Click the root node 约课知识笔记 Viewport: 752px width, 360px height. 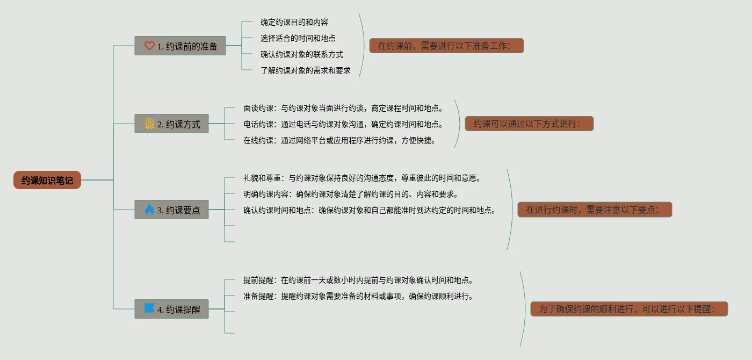tap(47, 181)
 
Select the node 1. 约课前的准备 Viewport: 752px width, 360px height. tap(180, 46)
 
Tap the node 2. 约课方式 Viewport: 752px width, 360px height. tap(171, 124)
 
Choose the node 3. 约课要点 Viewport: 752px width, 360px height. tap(171, 210)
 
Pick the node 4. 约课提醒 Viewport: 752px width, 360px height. tap(171, 309)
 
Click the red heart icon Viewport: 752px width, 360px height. tap(149, 46)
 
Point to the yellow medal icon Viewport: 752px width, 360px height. tap(149, 124)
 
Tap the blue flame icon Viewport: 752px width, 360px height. tap(149, 210)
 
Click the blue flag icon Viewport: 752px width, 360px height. tap(149, 309)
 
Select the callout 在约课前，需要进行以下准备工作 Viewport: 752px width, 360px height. tap(446, 46)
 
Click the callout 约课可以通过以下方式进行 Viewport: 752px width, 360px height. tap(529, 124)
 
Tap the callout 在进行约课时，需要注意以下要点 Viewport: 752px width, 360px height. tap(595, 210)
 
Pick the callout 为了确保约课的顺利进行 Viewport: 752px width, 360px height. tap(629, 309)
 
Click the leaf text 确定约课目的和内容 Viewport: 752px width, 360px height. tap(294, 22)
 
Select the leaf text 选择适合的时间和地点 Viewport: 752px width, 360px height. tap(298, 38)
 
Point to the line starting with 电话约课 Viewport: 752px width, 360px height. tap(343, 124)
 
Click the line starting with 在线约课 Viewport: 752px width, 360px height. tap(339, 140)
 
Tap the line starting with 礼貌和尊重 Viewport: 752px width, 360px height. tap(362, 178)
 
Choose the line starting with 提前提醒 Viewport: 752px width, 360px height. tap(358, 280)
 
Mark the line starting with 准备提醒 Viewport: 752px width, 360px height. tap(358, 296)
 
